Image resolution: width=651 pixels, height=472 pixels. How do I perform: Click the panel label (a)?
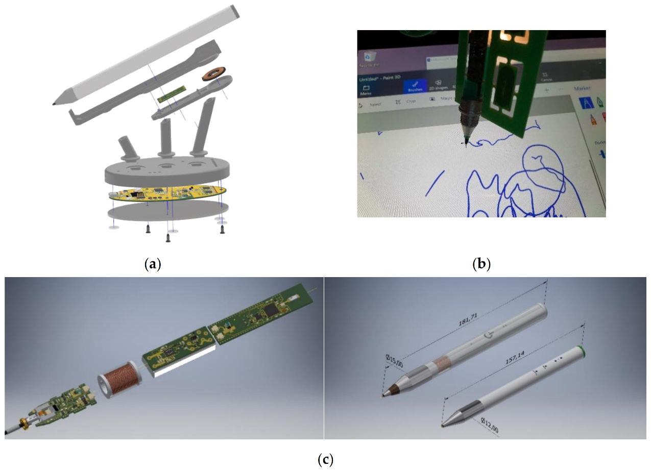point(153,264)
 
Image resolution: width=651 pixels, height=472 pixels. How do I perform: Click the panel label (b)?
point(481,264)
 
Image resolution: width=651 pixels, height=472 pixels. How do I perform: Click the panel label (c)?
point(325,460)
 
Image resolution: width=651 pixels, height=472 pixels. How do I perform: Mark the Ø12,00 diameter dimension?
point(489,425)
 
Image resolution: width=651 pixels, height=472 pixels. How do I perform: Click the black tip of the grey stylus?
point(54,103)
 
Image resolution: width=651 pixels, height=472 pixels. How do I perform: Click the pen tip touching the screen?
point(465,144)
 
